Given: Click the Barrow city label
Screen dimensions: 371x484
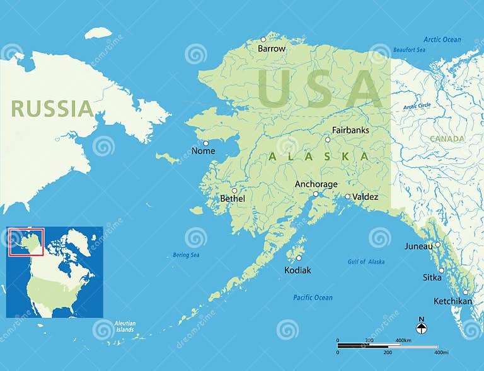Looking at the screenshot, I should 272,48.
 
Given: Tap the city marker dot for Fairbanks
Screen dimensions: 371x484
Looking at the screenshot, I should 328,140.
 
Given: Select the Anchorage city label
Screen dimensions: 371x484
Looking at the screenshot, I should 316,184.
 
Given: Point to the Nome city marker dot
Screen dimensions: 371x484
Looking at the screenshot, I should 205,143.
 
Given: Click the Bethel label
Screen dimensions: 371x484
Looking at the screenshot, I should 232,199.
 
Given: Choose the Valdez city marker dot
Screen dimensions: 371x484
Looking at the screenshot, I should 347,196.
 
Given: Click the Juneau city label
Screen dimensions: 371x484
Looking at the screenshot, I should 418,246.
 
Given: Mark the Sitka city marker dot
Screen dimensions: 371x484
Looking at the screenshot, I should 441,270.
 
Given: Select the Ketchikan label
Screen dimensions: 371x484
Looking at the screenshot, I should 453,301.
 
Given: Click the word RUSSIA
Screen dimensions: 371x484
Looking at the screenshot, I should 52,109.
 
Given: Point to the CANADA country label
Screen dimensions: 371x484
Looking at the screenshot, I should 447,138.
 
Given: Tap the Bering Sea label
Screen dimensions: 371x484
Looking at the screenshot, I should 186,255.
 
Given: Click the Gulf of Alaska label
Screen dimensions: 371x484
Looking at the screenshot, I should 366,262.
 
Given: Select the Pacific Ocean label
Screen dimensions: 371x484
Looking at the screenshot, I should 313,297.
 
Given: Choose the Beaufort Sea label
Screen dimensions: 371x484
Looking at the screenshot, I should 410,50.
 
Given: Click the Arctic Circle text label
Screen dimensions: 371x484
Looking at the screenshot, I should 417,106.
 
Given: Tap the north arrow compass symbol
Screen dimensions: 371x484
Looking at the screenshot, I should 422,327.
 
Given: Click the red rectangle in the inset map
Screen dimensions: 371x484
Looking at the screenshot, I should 26,242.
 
